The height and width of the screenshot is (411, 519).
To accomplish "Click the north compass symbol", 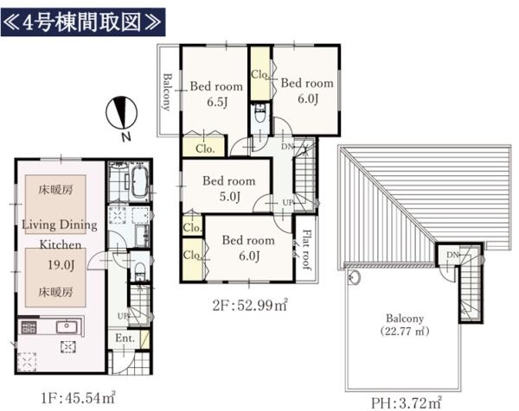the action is [x=121, y=113].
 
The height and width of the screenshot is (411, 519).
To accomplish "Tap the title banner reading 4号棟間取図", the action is [x=83, y=22].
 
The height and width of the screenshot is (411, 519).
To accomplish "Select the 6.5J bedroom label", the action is [x=216, y=94].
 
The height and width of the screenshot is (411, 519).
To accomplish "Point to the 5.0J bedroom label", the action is [x=229, y=188].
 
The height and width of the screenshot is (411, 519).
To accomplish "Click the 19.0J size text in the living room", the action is [x=61, y=264].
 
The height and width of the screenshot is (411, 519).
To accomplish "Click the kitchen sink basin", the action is [x=67, y=326].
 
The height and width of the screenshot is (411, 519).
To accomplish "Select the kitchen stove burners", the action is [x=29, y=327].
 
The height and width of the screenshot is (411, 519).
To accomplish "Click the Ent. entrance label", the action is [x=125, y=338].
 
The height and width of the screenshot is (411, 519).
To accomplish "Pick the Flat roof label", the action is [x=306, y=250].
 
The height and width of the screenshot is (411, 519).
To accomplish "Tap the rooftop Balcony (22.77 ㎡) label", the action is [x=405, y=325].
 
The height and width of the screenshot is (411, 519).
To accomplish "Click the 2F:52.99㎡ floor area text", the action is [x=250, y=305].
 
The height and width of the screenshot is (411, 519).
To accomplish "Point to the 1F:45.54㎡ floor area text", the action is [x=78, y=397].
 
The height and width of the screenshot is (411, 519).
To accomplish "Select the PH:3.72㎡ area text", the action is [x=407, y=402].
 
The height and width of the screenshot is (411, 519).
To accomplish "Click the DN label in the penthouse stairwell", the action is [x=452, y=255].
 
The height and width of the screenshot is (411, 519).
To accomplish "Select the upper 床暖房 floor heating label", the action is [x=55, y=189].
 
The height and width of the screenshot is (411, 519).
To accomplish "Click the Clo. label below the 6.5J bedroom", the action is [x=205, y=149].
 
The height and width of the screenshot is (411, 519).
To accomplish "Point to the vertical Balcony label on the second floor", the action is [x=168, y=92].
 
